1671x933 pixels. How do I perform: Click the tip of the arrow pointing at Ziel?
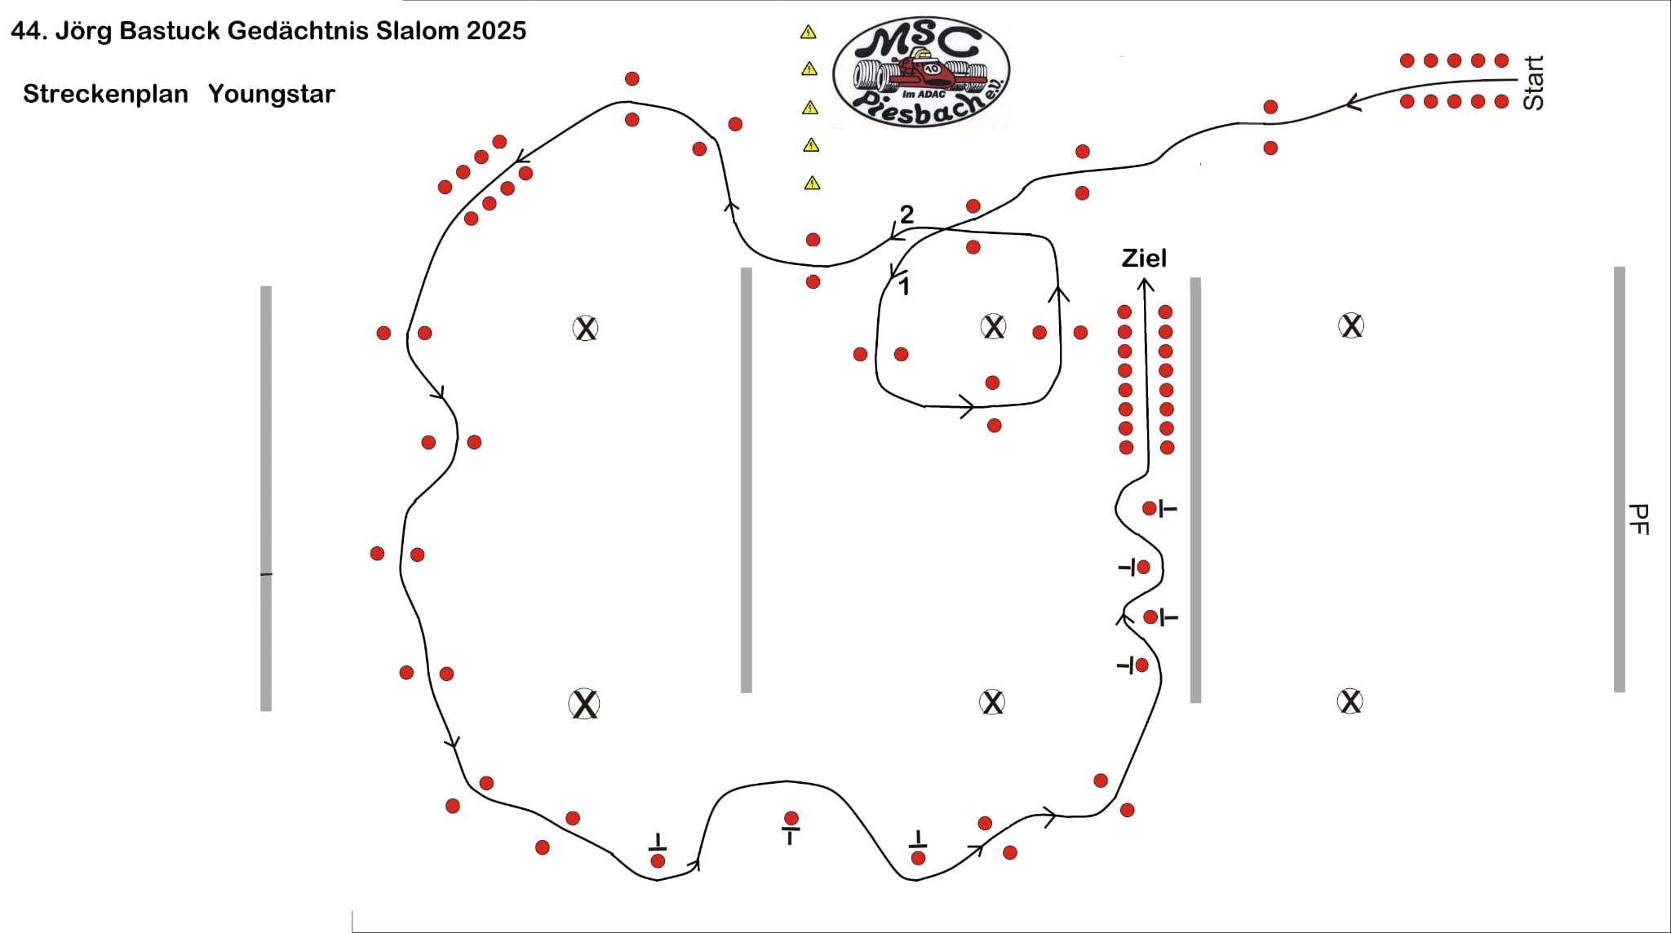pyautogui.click(x=1146, y=279)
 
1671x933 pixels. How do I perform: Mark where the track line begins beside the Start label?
pyautogui.click(x=1516, y=81)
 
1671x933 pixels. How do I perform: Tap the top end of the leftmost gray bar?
pyautogui.click(x=266, y=286)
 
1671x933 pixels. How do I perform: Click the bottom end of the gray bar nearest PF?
pyautogui.click(x=1620, y=691)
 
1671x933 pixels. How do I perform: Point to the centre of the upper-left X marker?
pyautogui.click(x=585, y=329)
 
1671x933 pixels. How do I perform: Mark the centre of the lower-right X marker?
pyautogui.click(x=1350, y=701)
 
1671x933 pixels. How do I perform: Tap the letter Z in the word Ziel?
pyautogui.click(x=1130, y=259)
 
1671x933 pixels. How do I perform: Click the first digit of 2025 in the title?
pyautogui.click(x=476, y=31)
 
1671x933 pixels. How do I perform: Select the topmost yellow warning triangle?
pyautogui.click(x=808, y=33)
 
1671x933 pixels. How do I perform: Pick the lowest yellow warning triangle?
pyautogui.click(x=812, y=184)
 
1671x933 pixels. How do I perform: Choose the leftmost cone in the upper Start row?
pyautogui.click(x=1407, y=60)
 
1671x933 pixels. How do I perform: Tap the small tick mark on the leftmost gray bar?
pyautogui.click(x=266, y=575)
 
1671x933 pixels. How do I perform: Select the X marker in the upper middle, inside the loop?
pyautogui.click(x=993, y=327)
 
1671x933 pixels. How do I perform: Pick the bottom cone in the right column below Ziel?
pyautogui.click(x=1167, y=448)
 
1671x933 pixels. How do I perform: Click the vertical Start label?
pyautogui.click(x=1533, y=82)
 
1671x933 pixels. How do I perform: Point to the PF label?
pyautogui.click(x=1638, y=520)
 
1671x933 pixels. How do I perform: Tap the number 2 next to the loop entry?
pyautogui.click(x=906, y=214)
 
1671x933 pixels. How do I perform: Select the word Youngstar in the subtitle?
pyautogui.click(x=272, y=94)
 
